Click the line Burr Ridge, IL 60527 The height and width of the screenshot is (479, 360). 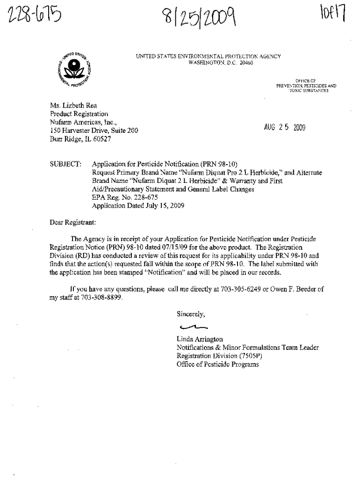pyautogui.click(x=80, y=139)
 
